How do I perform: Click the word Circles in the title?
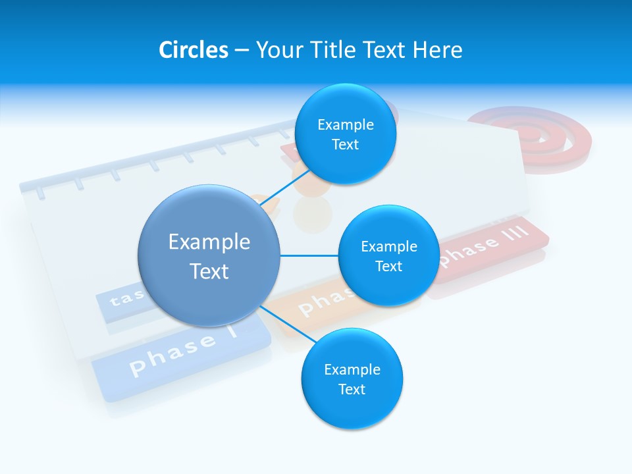point(193,50)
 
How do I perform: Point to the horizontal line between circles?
point(309,255)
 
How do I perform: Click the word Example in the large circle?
point(209,242)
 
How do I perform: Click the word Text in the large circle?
point(209,271)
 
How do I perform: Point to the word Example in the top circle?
point(345,124)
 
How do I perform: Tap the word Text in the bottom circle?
point(352,389)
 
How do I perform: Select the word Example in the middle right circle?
point(388,246)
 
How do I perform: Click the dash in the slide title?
point(242,50)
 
